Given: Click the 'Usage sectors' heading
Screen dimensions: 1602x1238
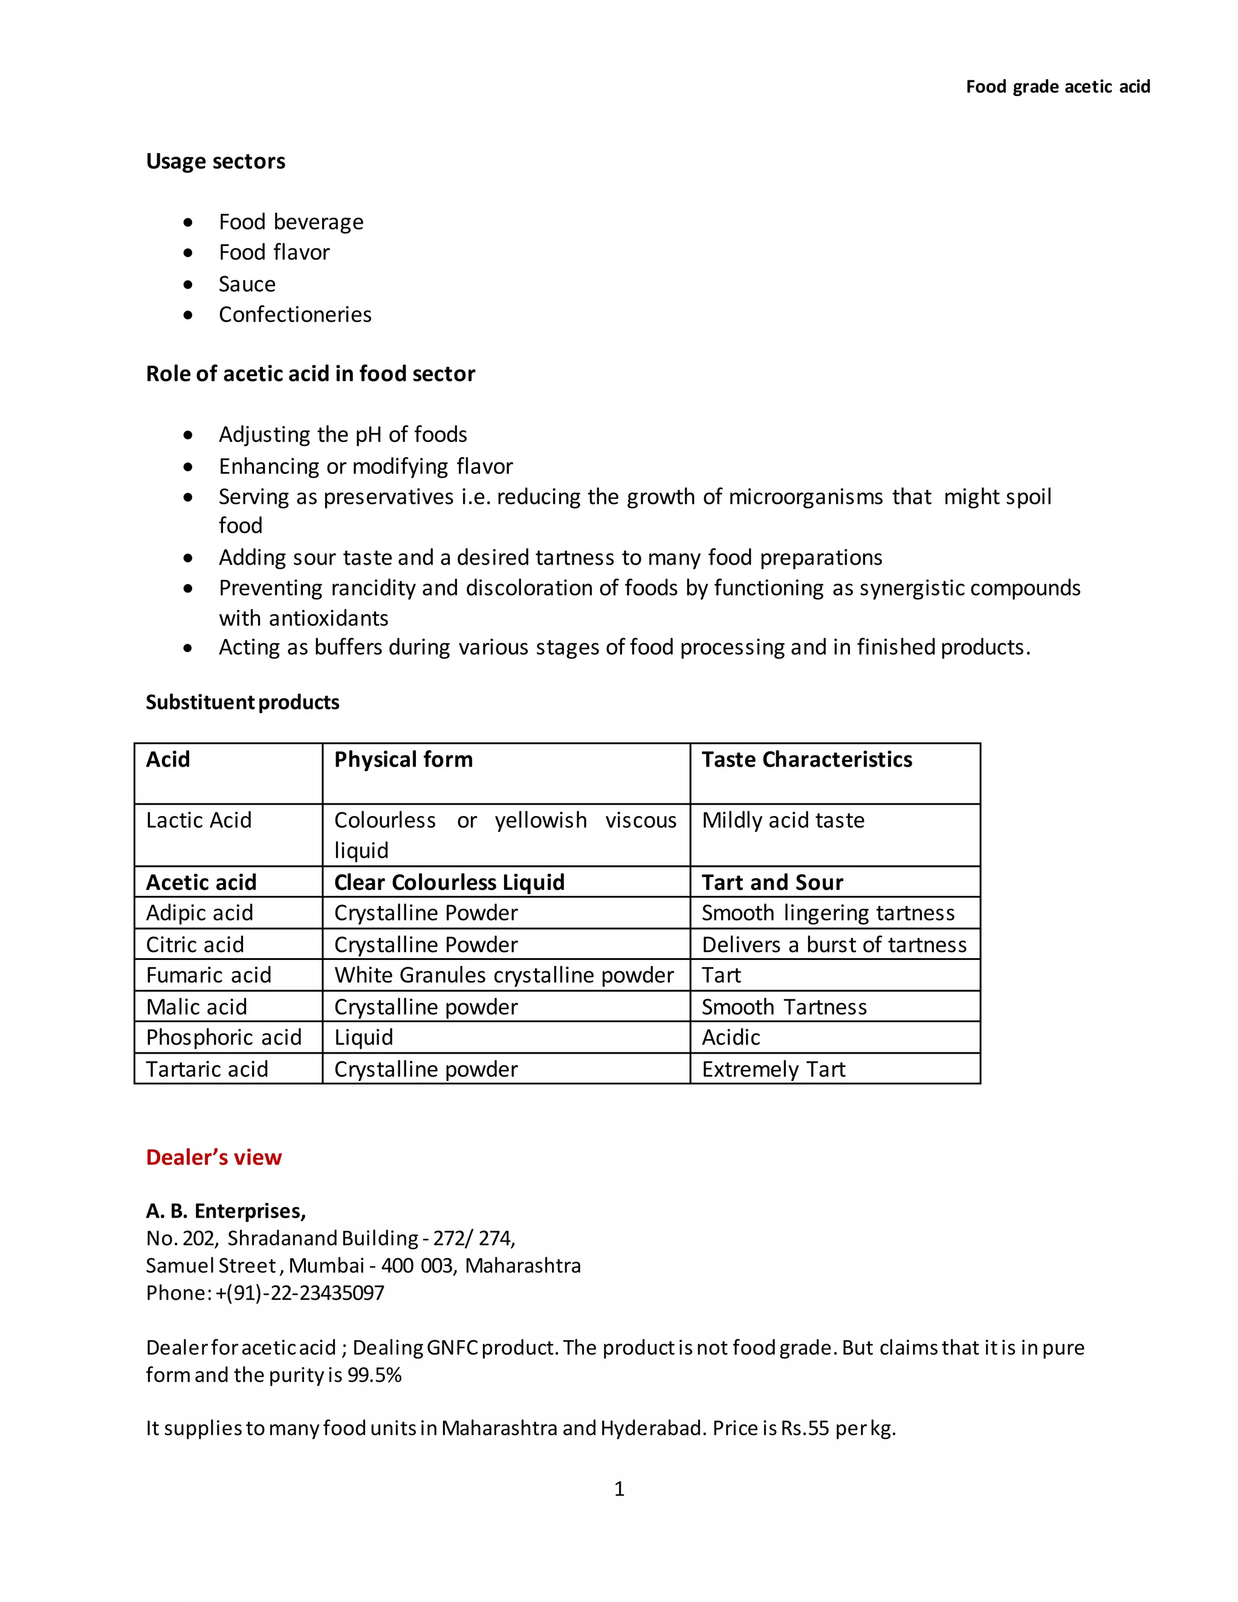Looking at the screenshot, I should pos(216,161).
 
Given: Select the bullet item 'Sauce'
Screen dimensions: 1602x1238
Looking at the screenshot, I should pos(247,284).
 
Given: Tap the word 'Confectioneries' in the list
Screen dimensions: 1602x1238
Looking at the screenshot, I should pos(295,315).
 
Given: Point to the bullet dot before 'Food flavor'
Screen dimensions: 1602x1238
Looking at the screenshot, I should pos(189,253).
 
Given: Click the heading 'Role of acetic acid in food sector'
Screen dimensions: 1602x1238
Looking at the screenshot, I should pos(310,374).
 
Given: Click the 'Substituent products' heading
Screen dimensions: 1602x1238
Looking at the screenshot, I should pos(242,702).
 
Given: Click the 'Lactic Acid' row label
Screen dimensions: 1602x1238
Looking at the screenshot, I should pos(199,820).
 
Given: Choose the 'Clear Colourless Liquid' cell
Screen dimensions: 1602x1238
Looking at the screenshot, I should pos(449,883).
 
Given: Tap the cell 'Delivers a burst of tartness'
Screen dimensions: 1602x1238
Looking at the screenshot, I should pos(834,945).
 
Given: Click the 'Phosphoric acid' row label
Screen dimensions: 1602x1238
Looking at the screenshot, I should pos(224,1038).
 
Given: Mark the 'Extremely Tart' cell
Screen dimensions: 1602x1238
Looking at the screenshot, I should pos(773,1069).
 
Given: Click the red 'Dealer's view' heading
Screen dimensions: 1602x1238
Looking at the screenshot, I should pos(213,1158).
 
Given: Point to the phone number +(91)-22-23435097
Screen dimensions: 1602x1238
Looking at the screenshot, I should pos(299,1293).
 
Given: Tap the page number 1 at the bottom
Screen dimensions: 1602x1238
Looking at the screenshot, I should pos(619,1489).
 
